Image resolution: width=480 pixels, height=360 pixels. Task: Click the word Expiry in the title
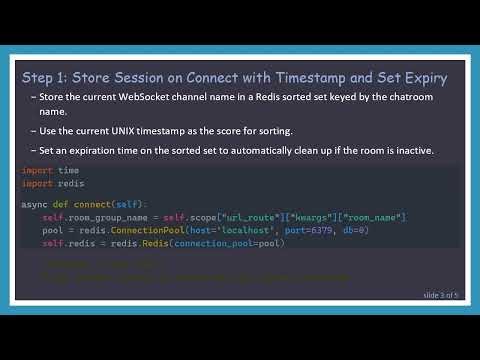tap(425, 77)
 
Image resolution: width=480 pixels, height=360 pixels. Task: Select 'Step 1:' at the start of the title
tap(45, 77)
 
